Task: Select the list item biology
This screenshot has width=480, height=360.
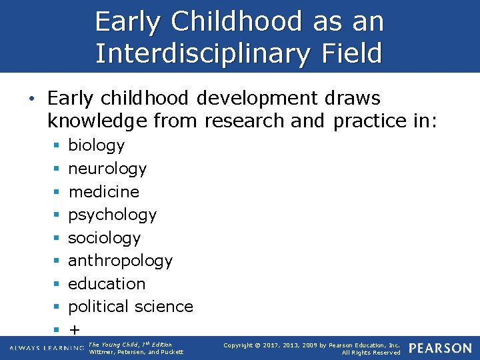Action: (x=97, y=145)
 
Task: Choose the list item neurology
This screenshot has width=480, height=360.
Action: (x=107, y=169)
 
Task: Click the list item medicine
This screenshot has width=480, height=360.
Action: (x=104, y=191)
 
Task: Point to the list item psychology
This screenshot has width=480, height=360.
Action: (x=113, y=215)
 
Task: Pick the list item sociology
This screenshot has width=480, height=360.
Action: (x=105, y=238)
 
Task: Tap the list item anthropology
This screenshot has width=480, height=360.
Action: (x=121, y=261)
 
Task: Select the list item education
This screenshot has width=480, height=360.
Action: (x=107, y=284)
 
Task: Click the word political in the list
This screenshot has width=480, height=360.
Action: (x=99, y=307)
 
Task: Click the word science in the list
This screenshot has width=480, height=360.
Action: (x=164, y=307)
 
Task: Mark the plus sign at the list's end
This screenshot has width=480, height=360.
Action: (x=74, y=329)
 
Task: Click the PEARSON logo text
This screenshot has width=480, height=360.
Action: (x=440, y=349)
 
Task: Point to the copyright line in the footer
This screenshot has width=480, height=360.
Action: (x=312, y=345)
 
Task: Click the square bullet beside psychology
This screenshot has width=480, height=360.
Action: (x=56, y=215)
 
